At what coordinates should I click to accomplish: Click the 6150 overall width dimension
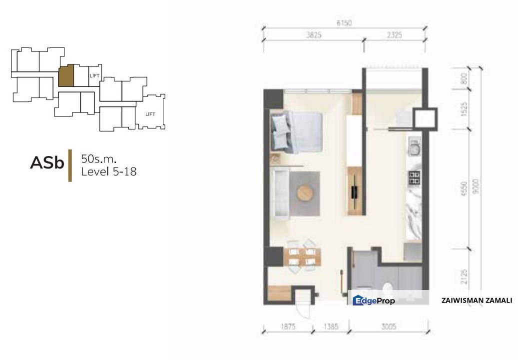(345, 23)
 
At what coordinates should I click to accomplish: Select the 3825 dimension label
(314, 35)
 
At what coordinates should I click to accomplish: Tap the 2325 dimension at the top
(394, 35)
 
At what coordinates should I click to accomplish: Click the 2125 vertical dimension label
(464, 277)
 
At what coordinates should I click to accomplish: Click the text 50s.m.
(99, 159)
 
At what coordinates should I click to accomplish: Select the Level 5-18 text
(109, 171)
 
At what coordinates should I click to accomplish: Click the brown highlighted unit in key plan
(66, 75)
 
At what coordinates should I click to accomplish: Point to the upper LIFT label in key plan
(94, 75)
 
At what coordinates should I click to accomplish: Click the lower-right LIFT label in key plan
(150, 114)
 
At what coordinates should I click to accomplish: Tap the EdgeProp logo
(374, 300)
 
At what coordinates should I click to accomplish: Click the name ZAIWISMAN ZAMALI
(477, 300)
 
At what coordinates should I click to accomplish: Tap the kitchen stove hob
(415, 176)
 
